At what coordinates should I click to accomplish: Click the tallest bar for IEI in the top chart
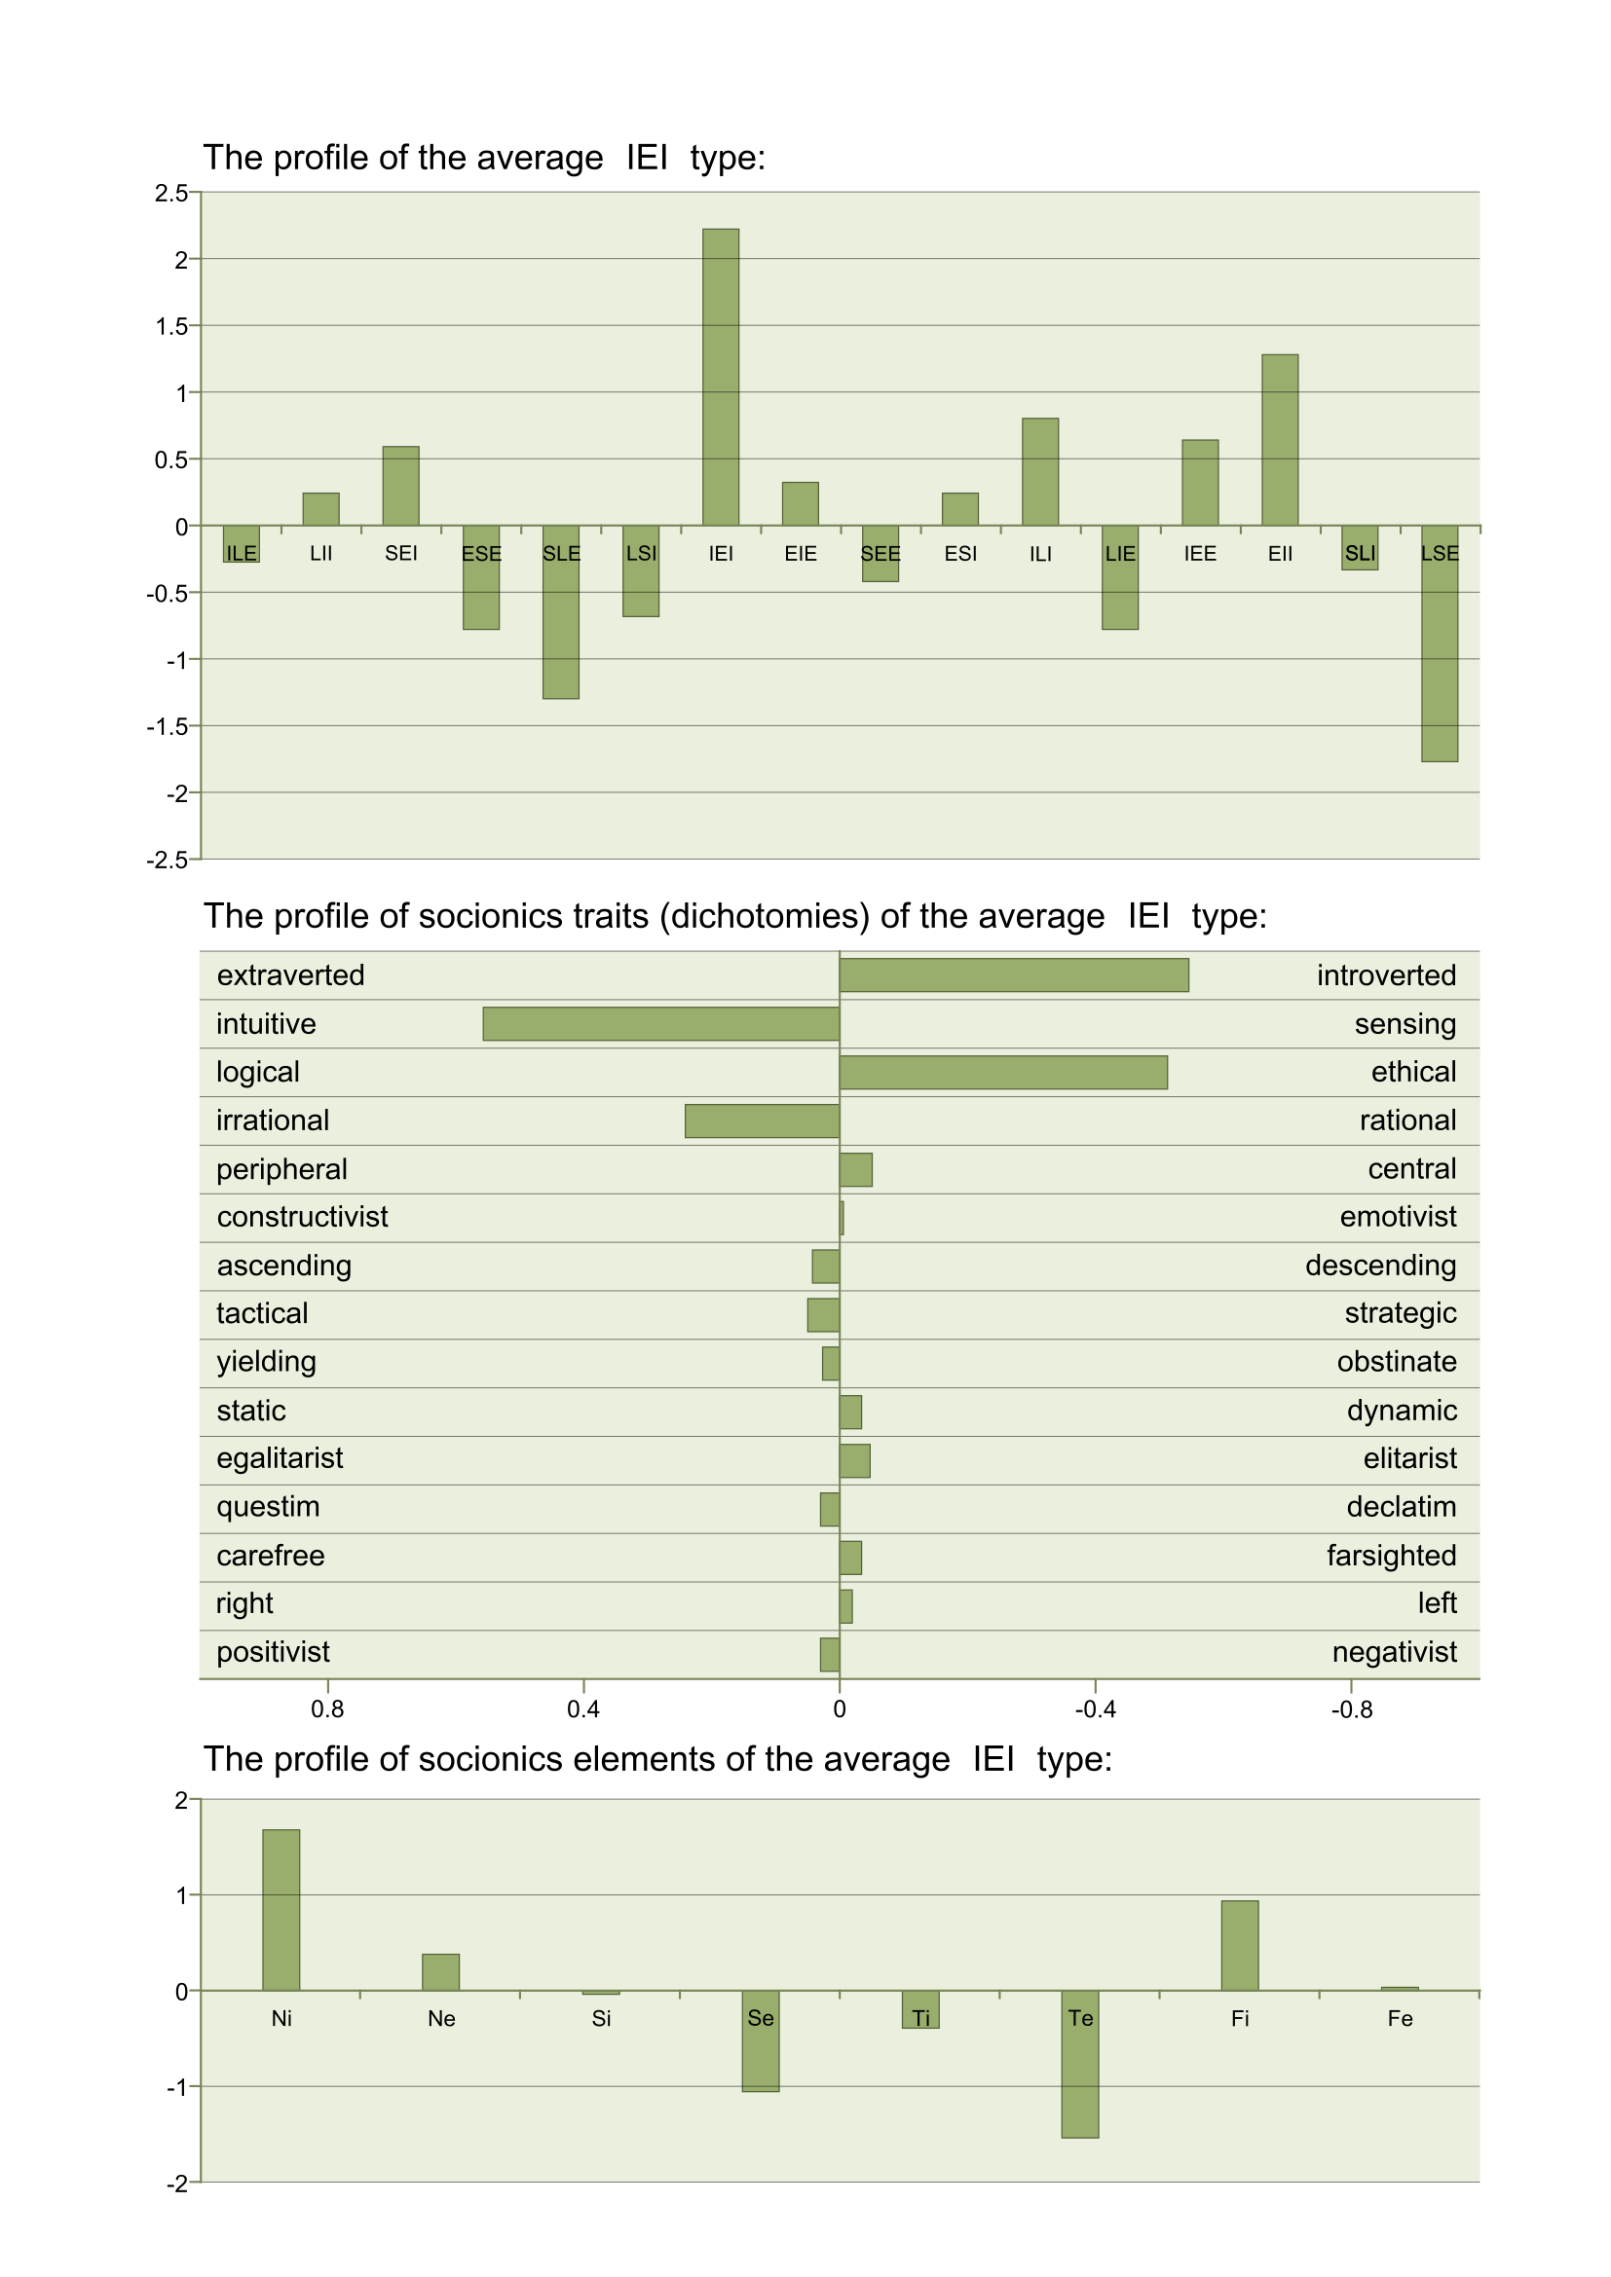pyautogui.click(x=720, y=377)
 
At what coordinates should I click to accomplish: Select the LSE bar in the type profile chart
pyautogui.click(x=1440, y=643)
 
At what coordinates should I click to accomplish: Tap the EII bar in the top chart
pyautogui.click(x=1280, y=440)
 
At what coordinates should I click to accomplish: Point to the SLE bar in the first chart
pyautogui.click(x=560, y=612)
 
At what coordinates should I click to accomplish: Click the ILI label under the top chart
pyautogui.click(x=1040, y=553)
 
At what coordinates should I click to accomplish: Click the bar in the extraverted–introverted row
pyautogui.click(x=1014, y=974)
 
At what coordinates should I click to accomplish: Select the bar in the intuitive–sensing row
pyautogui.click(x=661, y=1023)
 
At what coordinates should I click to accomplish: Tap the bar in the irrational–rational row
pyautogui.click(x=763, y=1120)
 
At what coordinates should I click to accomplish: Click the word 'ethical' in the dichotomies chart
pyautogui.click(x=1413, y=1072)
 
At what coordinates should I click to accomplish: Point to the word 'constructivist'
pyautogui.click(x=303, y=1217)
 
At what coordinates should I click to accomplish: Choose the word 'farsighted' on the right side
pyautogui.click(x=1392, y=1556)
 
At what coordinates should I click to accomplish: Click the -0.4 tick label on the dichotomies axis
pyautogui.click(x=1095, y=1709)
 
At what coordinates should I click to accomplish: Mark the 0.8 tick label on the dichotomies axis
pyautogui.click(x=327, y=1709)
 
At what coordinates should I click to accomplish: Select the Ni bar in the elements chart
pyautogui.click(x=281, y=1911)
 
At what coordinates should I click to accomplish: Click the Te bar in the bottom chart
pyautogui.click(x=1080, y=2065)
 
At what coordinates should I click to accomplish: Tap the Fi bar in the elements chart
pyautogui.click(x=1240, y=1947)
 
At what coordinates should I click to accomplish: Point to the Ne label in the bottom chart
pyautogui.click(x=441, y=2019)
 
